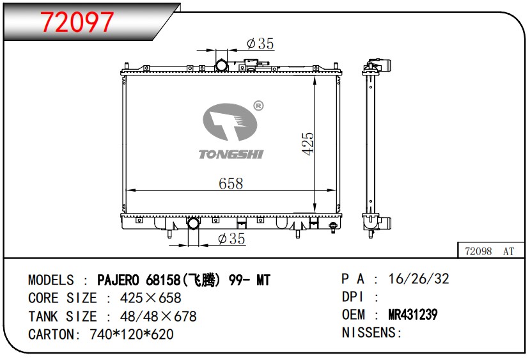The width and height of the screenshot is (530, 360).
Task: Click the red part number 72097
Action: click(77, 22)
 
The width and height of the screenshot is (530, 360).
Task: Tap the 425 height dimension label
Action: click(308, 144)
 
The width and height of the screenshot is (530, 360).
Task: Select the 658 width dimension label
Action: click(231, 184)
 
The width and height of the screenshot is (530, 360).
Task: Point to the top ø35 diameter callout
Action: click(260, 43)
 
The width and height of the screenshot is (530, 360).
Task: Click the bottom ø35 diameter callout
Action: click(231, 239)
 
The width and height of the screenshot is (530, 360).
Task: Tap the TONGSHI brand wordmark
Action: click(231, 155)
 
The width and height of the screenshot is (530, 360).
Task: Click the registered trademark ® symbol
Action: click(258, 106)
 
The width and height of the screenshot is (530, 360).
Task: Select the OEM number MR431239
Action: click(413, 315)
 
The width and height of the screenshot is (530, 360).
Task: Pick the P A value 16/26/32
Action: click(419, 279)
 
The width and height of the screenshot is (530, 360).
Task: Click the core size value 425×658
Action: click(151, 298)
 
